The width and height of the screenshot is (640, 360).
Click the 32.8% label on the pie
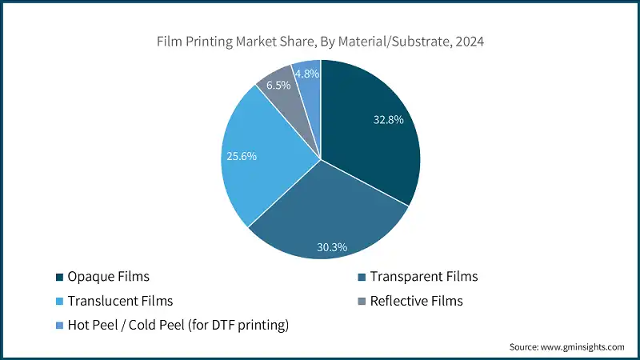tap(388, 120)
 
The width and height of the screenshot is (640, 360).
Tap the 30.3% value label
tap(331, 247)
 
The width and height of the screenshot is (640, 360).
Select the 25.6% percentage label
tap(242, 156)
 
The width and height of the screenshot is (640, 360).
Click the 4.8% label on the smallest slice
tap(307, 74)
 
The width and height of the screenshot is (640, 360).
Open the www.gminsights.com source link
tap(583, 346)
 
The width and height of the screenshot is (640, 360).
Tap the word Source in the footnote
tap(524, 346)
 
